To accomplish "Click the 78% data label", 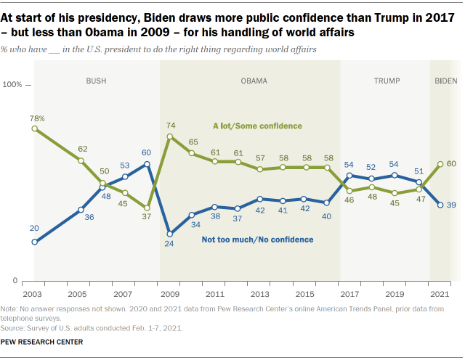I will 37,118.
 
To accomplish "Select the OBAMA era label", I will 254,81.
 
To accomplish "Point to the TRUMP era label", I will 387,81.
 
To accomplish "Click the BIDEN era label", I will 441,81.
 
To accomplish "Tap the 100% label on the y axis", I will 13,85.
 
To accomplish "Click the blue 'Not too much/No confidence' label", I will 257,240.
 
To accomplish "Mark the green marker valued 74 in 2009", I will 169,136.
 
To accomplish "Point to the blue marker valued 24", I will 169,234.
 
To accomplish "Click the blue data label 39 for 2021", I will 451,205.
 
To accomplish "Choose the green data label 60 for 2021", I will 451,163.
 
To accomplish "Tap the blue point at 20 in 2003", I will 34,242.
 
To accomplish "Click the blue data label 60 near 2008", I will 147,153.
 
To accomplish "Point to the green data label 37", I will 147,217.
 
